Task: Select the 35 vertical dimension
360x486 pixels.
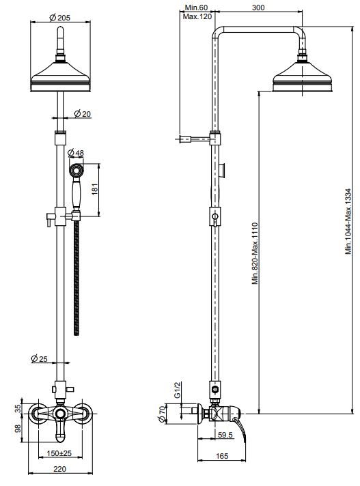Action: [x=18, y=409]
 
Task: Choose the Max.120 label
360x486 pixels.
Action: [x=196, y=16]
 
